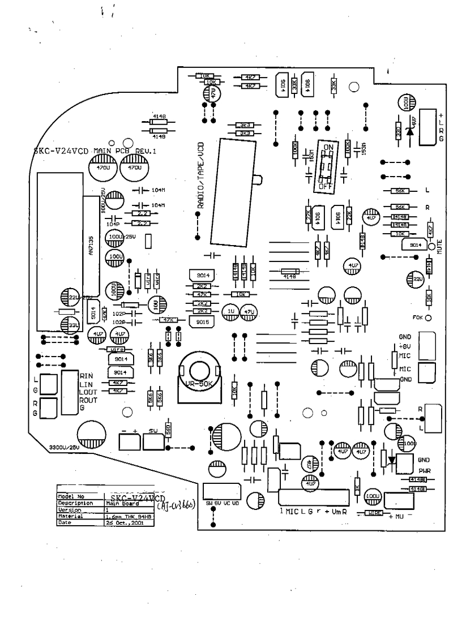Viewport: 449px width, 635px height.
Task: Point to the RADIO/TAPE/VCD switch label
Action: pyautogui.click(x=200, y=175)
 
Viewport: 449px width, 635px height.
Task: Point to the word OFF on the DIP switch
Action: pyautogui.click(x=325, y=185)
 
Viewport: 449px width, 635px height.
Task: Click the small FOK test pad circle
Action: pyautogui.click(x=429, y=317)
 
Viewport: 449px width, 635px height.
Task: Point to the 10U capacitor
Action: pyautogui.click(x=155, y=304)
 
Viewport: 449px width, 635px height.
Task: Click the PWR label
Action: pyautogui.click(x=425, y=470)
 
